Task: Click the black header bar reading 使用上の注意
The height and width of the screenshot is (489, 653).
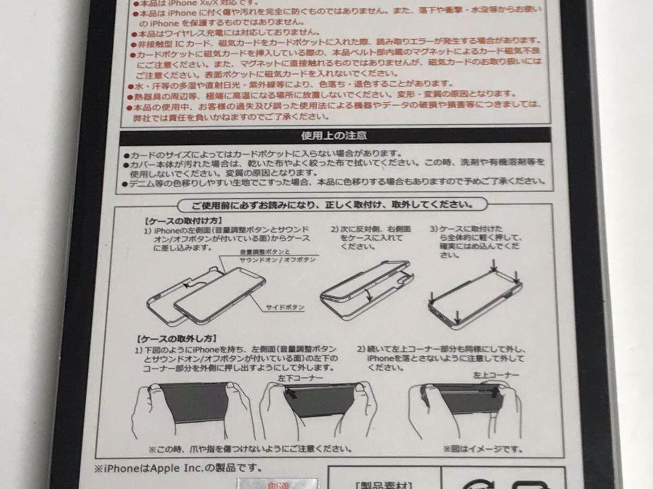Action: [334, 136]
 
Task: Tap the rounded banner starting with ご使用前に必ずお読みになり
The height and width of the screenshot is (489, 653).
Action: [333, 205]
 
